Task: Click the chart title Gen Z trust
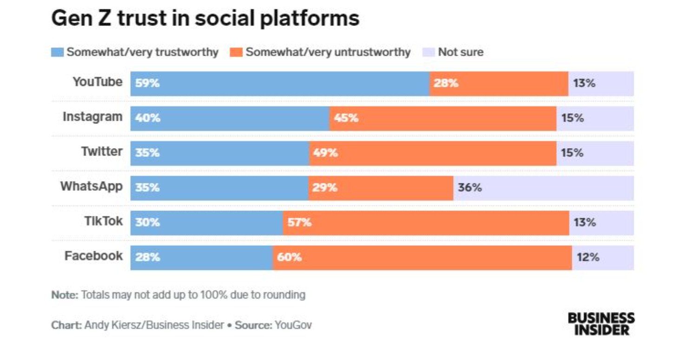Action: (205, 19)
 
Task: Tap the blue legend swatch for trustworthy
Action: (57, 52)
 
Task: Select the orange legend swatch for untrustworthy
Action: (237, 52)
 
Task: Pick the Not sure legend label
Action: (460, 52)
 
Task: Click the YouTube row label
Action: (98, 82)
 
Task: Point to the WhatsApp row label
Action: (92, 187)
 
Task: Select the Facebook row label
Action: (94, 256)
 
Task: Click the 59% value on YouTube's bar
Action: (148, 84)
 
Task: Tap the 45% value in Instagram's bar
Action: (346, 118)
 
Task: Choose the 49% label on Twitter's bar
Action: (325, 153)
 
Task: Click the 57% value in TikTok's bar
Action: (299, 223)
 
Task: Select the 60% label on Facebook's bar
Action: (289, 257)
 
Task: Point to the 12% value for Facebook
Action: (588, 257)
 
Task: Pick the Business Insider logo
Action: (601, 324)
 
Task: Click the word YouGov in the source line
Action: (293, 325)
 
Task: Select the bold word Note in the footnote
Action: (65, 295)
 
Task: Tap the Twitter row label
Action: (102, 152)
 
